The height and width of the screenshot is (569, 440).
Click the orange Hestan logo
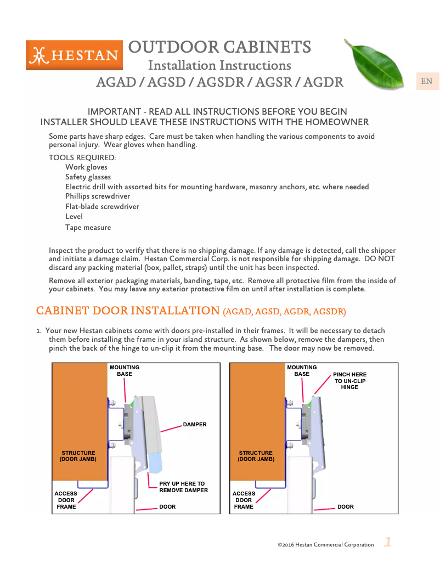click(x=74, y=55)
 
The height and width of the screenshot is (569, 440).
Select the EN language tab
click(x=426, y=82)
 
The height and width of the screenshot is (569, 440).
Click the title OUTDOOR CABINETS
click(x=219, y=47)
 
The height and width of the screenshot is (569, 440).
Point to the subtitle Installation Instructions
click(x=219, y=65)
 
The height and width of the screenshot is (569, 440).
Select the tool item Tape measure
click(x=88, y=227)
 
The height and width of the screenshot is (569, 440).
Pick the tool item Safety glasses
click(x=88, y=177)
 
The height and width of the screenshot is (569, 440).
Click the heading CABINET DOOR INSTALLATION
click(x=128, y=311)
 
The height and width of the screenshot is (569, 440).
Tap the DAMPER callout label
click(x=195, y=424)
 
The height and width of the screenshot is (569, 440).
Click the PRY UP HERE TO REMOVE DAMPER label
click(x=183, y=487)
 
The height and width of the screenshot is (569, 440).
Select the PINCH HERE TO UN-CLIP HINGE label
click(x=349, y=380)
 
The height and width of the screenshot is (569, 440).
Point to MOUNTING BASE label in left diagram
click(x=125, y=370)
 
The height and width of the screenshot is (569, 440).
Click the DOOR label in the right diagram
click(x=345, y=506)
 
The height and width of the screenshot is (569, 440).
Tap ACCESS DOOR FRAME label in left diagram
click(x=66, y=500)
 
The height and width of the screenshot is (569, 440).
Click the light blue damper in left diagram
click(x=155, y=461)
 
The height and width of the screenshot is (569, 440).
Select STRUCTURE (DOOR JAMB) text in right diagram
click(x=256, y=456)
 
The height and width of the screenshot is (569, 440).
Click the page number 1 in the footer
click(x=387, y=543)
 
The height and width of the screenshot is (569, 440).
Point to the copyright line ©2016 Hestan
click(x=325, y=545)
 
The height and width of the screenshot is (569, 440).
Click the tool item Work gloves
click(x=86, y=167)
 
